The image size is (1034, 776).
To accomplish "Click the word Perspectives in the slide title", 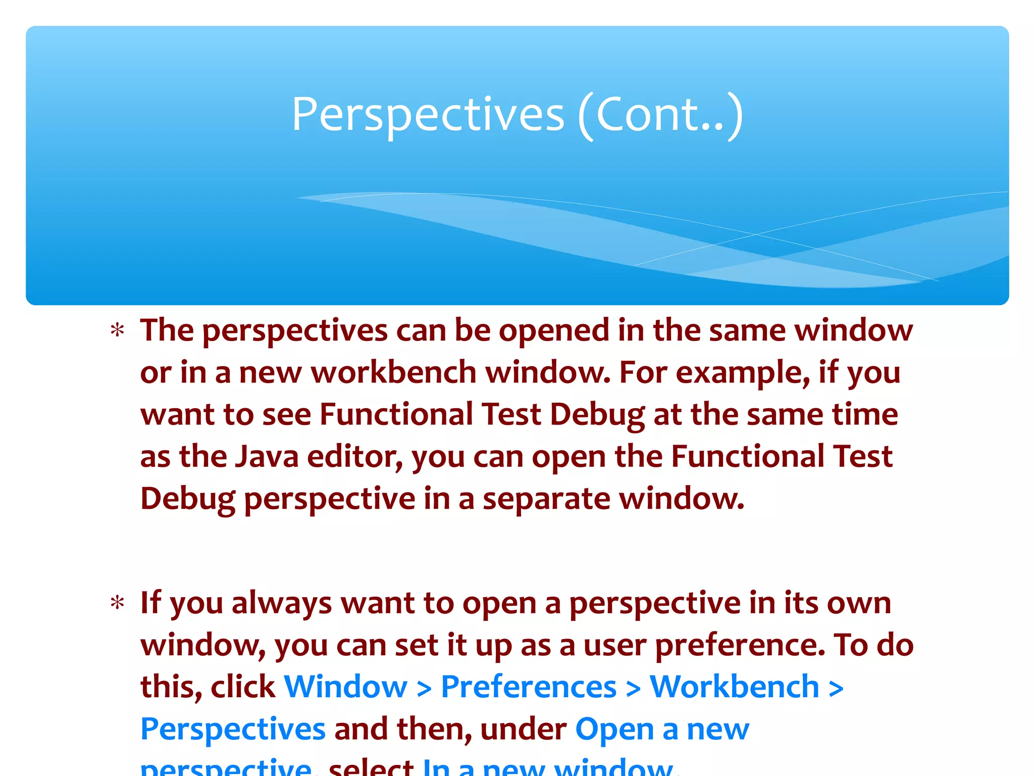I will pos(428,115).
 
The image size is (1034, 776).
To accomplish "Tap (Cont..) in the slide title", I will pos(660,115).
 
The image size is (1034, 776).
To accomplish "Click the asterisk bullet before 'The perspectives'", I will pos(118,331).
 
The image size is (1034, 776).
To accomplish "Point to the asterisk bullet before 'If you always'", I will pos(118,603).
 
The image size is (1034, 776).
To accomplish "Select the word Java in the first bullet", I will pos(267,457).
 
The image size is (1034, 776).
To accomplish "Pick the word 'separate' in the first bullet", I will pos(547,499).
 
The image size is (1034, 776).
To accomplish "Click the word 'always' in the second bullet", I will pos(281,603).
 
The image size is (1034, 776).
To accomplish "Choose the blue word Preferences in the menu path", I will pos(529,687).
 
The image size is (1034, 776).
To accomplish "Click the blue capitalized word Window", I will pos(345,687).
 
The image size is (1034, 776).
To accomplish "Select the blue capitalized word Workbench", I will pos(734,687).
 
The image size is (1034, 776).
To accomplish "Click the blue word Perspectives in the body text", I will pos(233,730).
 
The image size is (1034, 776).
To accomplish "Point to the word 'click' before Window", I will pos(242,687).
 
